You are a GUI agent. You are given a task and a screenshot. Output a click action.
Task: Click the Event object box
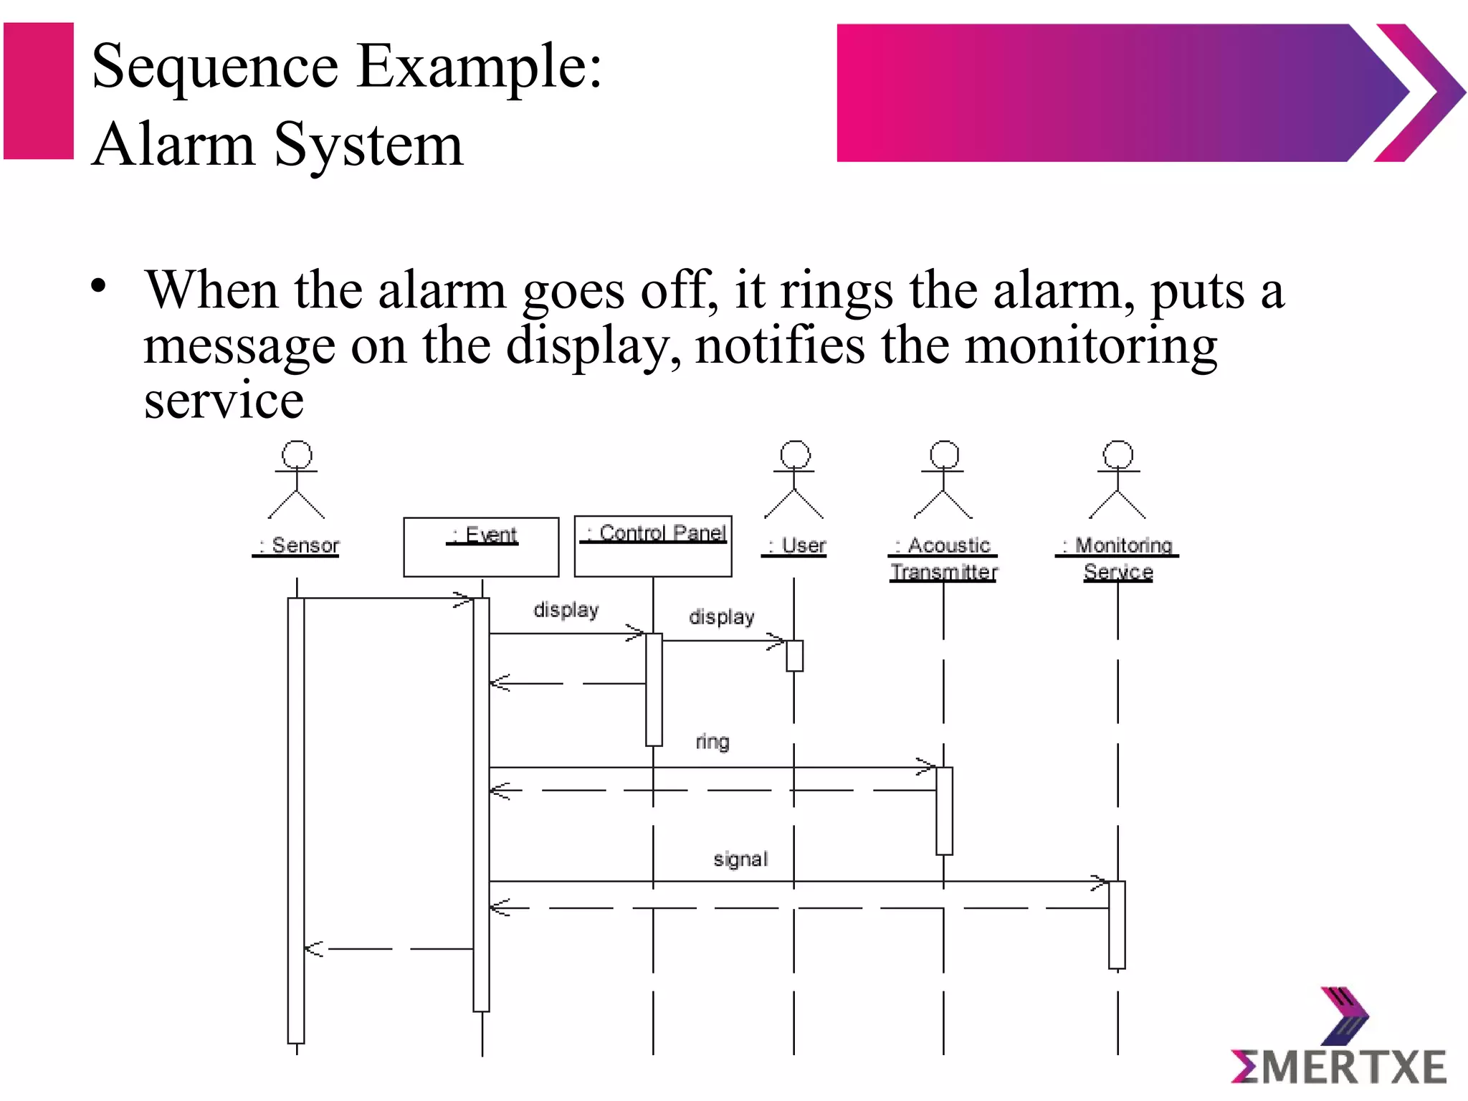[481, 547]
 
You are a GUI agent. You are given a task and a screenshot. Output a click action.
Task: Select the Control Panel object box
[653, 546]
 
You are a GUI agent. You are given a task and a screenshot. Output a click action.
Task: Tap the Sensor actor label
[296, 546]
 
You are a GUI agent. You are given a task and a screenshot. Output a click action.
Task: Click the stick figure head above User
[795, 454]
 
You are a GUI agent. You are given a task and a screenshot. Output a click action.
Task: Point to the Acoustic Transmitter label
[943, 558]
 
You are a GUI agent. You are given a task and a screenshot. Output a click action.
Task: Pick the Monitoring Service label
[1118, 558]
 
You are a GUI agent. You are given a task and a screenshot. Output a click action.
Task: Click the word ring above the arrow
[712, 742]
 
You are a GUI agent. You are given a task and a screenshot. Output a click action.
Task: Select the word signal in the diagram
[740, 859]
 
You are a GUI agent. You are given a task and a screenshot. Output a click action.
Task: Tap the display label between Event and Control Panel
[566, 610]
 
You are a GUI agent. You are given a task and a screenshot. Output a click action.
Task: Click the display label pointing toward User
[721, 617]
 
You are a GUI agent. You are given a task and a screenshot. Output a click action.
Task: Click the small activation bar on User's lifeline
[794, 656]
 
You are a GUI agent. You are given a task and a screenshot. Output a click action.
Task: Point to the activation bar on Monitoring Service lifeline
[1117, 925]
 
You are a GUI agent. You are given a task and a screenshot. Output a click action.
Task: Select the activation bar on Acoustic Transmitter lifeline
[944, 811]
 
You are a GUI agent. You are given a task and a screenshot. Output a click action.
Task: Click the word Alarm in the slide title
[174, 146]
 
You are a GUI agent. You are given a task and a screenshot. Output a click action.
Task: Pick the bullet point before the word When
[99, 287]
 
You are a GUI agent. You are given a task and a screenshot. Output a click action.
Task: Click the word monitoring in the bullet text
[1090, 346]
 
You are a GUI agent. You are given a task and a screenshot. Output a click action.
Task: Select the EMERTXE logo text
[1338, 1067]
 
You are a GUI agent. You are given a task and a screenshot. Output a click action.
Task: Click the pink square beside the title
[39, 91]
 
